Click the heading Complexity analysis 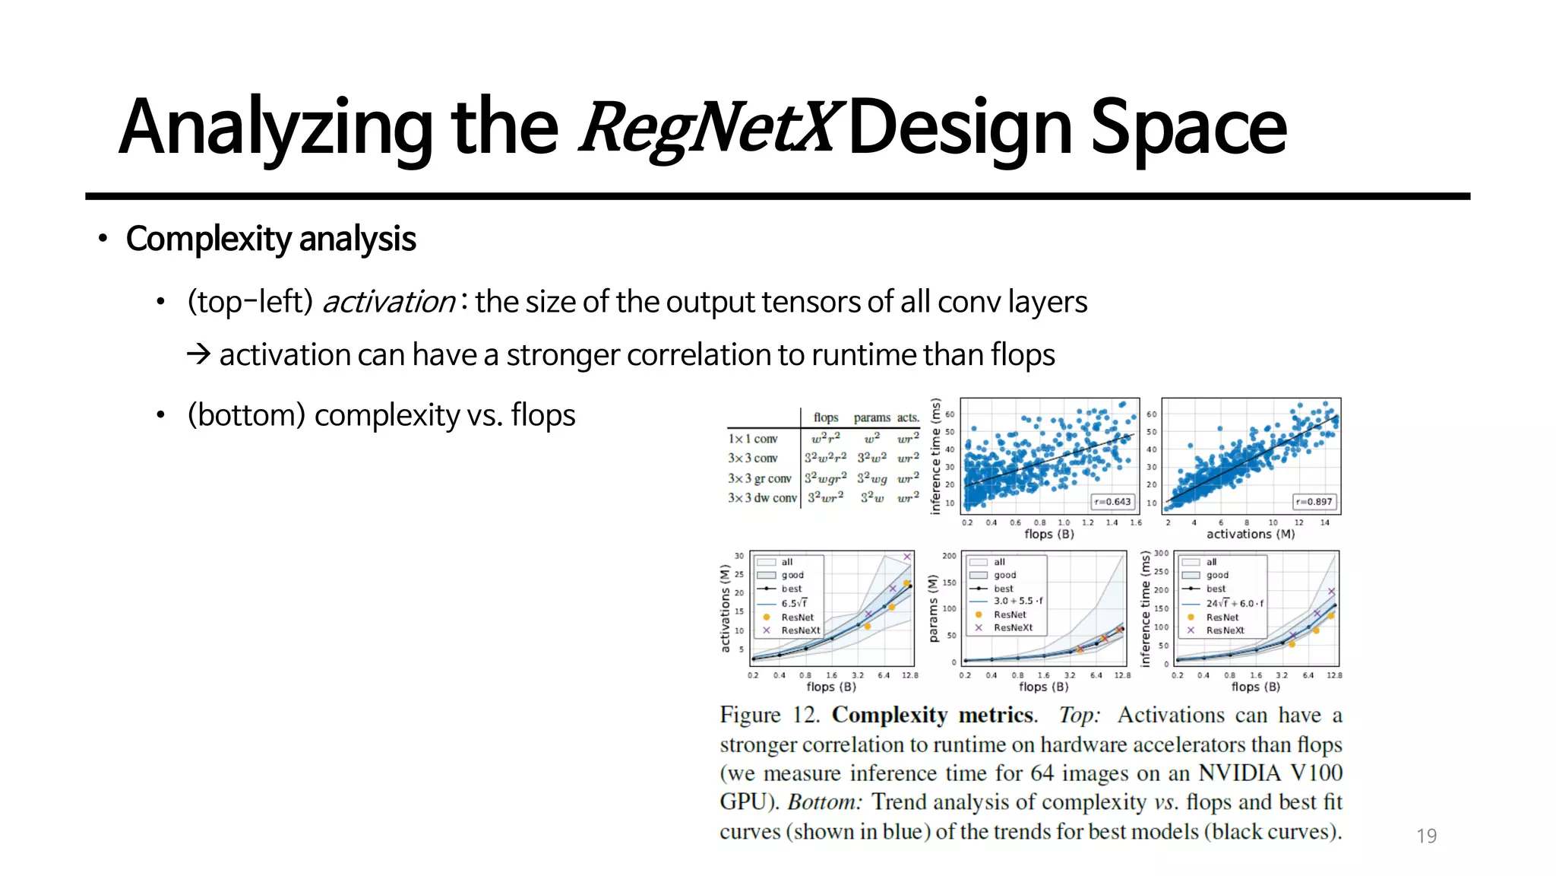[270, 239]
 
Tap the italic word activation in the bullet [388, 302]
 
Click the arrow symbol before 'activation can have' [198, 354]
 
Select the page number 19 [1426, 836]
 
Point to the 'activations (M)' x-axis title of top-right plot [1250, 534]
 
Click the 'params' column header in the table [871, 417]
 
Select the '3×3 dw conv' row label [762, 498]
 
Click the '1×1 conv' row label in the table [753, 439]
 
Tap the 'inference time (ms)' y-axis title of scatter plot [935, 456]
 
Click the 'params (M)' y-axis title [934, 608]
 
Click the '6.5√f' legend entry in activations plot [794, 603]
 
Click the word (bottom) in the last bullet [246, 415]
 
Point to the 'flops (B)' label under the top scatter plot [1048, 534]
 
